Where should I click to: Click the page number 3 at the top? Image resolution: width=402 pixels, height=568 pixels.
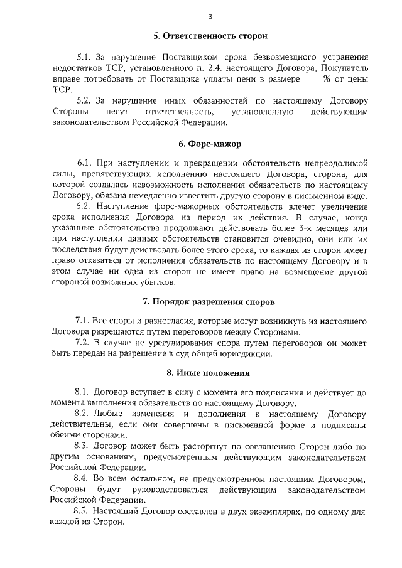pos(200,16)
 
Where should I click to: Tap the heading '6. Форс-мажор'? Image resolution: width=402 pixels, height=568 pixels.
pos(200,144)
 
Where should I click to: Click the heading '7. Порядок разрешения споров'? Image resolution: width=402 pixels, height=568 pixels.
pos(200,303)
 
